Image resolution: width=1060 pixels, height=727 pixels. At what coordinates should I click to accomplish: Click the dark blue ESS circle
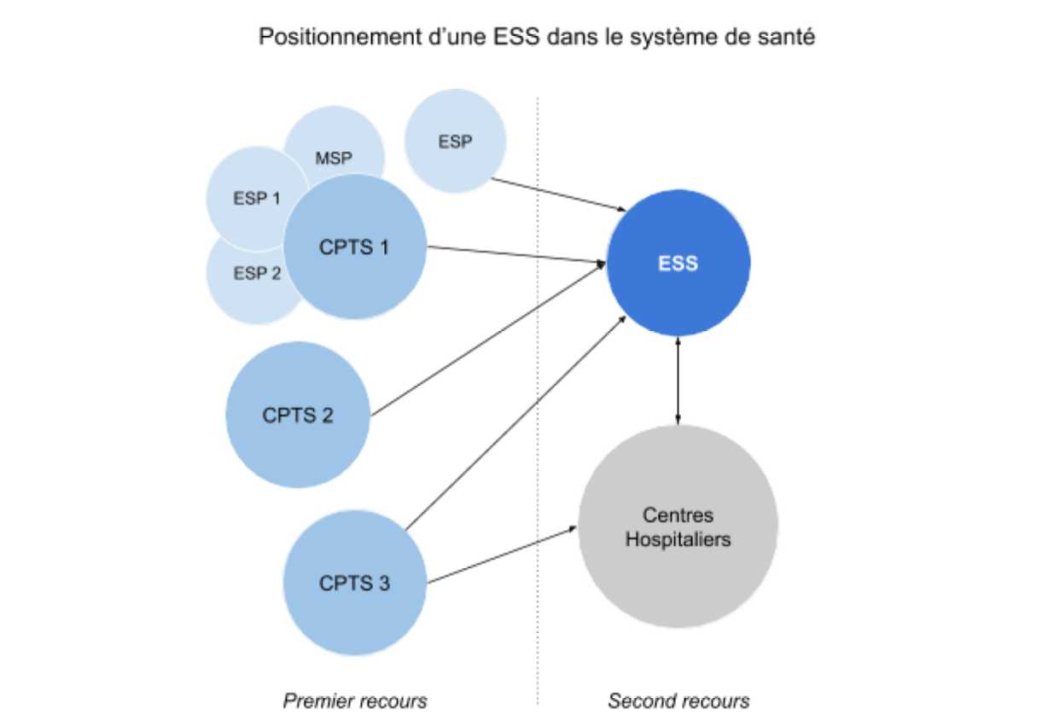[x=678, y=263]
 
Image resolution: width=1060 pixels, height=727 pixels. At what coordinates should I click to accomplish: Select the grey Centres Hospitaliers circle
[x=678, y=527]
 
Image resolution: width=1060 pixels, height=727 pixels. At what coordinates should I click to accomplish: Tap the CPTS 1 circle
[x=354, y=247]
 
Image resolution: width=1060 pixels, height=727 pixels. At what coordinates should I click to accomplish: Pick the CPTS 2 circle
[x=298, y=416]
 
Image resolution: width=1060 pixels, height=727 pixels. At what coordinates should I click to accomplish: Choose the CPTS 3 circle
[x=354, y=584]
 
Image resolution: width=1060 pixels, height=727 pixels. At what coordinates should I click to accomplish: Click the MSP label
[x=334, y=158]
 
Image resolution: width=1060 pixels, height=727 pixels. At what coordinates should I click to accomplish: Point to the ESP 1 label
[x=256, y=199]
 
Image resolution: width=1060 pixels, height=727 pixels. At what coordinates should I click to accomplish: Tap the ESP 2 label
[x=256, y=274]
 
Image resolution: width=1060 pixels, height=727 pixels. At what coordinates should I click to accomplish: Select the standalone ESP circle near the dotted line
[x=455, y=142]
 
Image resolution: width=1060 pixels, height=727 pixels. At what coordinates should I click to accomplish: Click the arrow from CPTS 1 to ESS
[x=512, y=255]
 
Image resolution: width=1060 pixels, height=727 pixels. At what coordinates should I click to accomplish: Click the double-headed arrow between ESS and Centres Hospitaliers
[x=678, y=380]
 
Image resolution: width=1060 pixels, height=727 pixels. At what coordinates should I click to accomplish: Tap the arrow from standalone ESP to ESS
[x=559, y=195]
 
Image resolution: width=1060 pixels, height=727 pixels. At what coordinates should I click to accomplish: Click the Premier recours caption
[x=354, y=701]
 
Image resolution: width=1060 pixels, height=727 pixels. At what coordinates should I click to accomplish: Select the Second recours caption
[x=679, y=701]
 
